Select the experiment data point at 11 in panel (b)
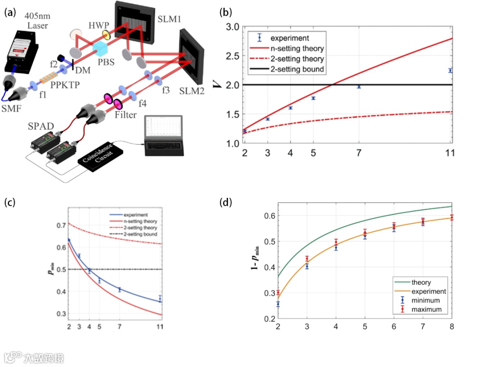point(450,70)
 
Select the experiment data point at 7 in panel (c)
point(120,289)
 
